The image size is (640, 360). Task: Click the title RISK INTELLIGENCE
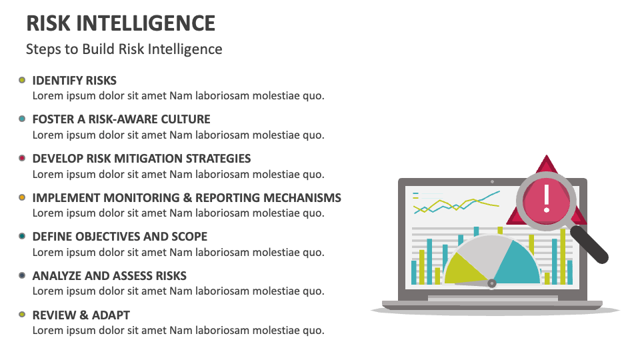pyautogui.click(x=121, y=23)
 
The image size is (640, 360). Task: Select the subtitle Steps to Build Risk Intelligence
pyautogui.click(x=124, y=49)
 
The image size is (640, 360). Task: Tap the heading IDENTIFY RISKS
pyautogui.click(x=74, y=81)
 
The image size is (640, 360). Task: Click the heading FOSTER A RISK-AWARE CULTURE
pyautogui.click(x=121, y=119)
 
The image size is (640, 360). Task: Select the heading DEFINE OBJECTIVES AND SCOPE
pyautogui.click(x=119, y=237)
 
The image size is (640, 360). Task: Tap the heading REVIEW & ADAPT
pyautogui.click(x=81, y=315)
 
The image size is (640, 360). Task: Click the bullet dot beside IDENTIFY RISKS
pyautogui.click(x=22, y=80)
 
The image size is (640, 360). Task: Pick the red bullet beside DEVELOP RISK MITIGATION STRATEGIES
pyautogui.click(x=22, y=159)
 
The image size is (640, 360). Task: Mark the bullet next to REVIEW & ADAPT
pyautogui.click(x=22, y=315)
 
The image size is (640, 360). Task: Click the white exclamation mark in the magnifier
pyautogui.click(x=547, y=197)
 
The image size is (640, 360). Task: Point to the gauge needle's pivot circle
pyautogui.click(x=492, y=283)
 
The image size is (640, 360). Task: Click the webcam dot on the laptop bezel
pyautogui.click(x=492, y=181)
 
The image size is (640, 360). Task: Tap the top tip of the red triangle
pyautogui.click(x=547, y=158)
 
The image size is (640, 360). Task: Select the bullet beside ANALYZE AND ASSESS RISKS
pyautogui.click(x=22, y=275)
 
